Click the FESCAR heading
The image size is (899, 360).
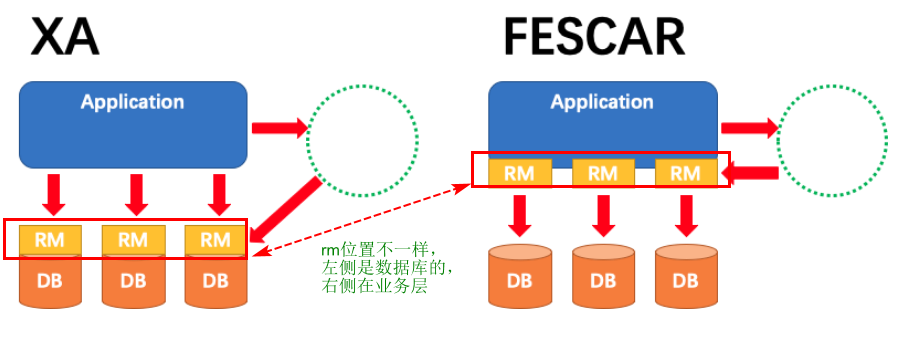click(594, 39)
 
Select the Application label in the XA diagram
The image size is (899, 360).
click(132, 102)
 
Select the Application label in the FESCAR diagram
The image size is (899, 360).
click(601, 102)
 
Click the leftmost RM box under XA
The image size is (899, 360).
click(51, 240)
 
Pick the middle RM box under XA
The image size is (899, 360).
click(133, 240)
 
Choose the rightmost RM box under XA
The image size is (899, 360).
click(215, 240)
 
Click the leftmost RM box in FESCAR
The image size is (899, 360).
click(519, 172)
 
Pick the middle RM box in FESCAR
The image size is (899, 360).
click(602, 172)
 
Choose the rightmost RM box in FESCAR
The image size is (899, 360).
click(685, 172)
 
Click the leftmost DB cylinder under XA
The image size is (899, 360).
click(51, 281)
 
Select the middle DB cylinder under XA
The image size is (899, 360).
click(133, 281)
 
